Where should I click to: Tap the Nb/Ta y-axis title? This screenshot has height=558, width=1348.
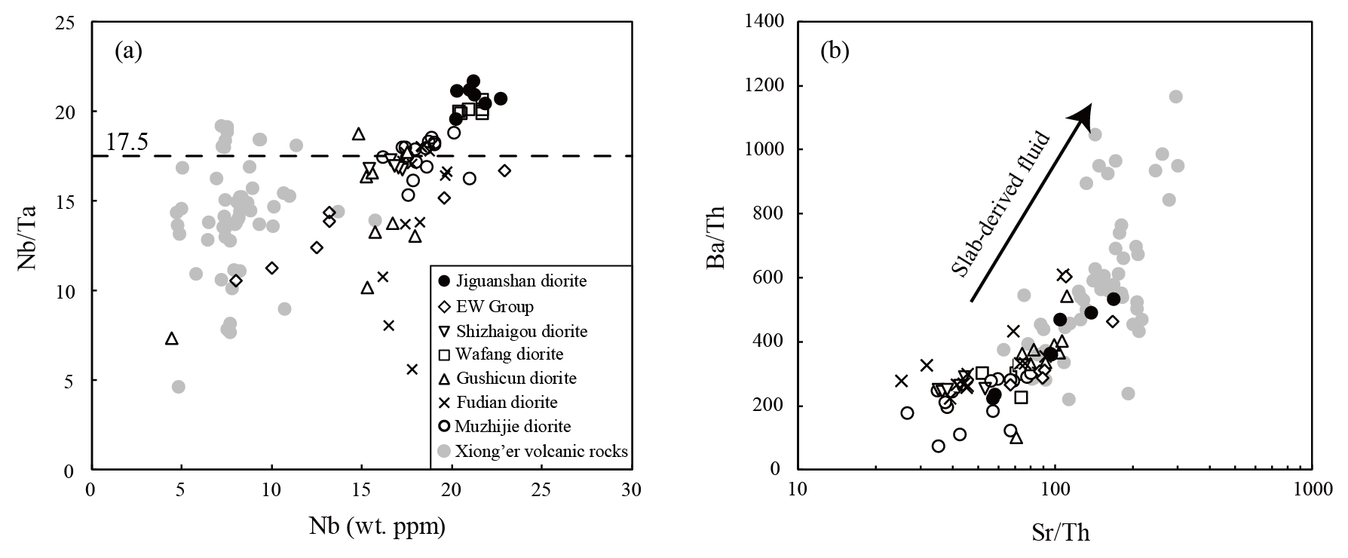(28, 245)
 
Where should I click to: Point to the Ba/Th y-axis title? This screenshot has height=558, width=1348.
(717, 245)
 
